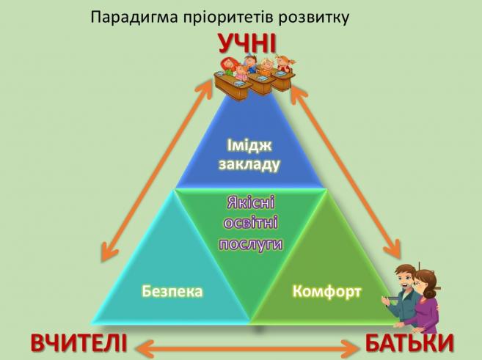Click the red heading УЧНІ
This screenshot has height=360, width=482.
point(247,43)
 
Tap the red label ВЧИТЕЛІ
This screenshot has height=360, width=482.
point(79,342)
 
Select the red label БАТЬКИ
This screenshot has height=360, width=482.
point(409,342)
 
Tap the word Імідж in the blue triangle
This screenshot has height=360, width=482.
point(249,146)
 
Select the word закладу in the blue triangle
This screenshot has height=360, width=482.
point(249,164)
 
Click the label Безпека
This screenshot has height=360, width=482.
point(172,291)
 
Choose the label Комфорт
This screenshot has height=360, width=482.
point(326,291)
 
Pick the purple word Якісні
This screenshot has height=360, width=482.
point(250,203)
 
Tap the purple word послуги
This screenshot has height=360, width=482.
point(250,245)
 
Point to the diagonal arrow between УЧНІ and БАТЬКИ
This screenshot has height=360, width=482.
point(346,172)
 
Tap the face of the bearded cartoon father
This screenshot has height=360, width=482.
point(405,281)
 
